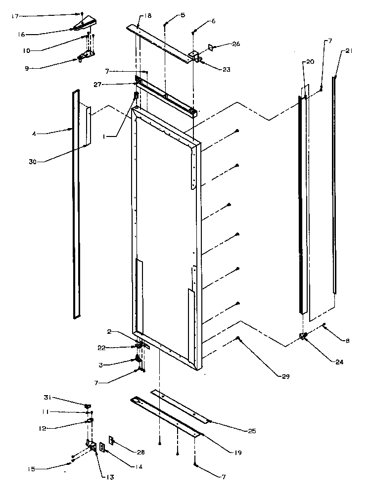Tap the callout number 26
(x=236, y=45)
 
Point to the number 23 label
(x=226, y=70)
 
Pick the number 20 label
(x=310, y=62)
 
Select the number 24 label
(x=325, y=362)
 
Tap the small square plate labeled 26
(x=211, y=47)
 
